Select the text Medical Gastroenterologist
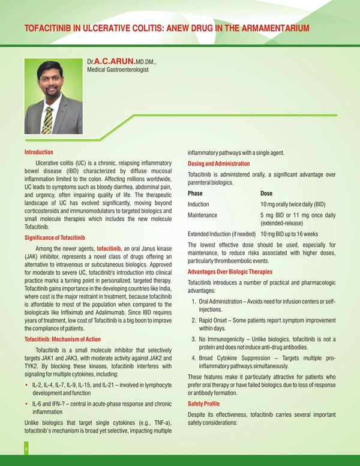117,70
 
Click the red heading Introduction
39,152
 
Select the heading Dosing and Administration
219,164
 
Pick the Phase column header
196,194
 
